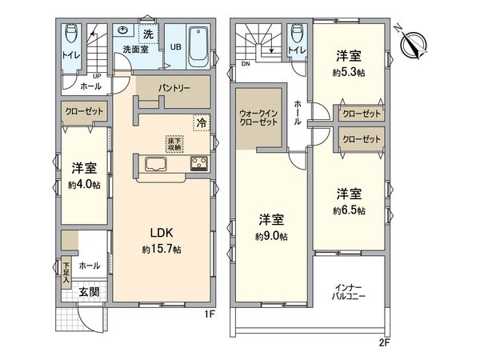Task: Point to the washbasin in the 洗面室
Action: [x=124, y=30]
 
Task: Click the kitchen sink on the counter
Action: [x=154, y=165]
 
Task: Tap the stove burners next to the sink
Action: [x=198, y=165]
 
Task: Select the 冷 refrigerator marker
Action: [x=202, y=123]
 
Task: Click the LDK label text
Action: [x=162, y=233]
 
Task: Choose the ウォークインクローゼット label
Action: [x=258, y=118]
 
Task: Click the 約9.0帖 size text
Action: [x=272, y=236]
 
